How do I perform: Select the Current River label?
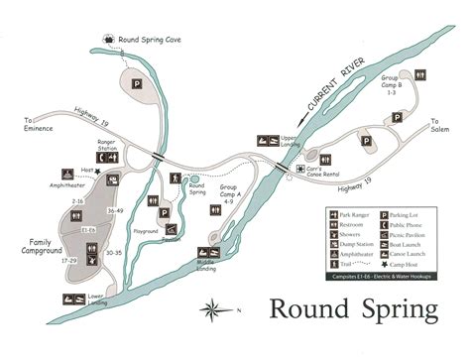pos(332,85)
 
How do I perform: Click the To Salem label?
pos(440,125)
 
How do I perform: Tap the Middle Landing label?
pos(207,266)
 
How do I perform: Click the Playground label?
pos(146,231)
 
